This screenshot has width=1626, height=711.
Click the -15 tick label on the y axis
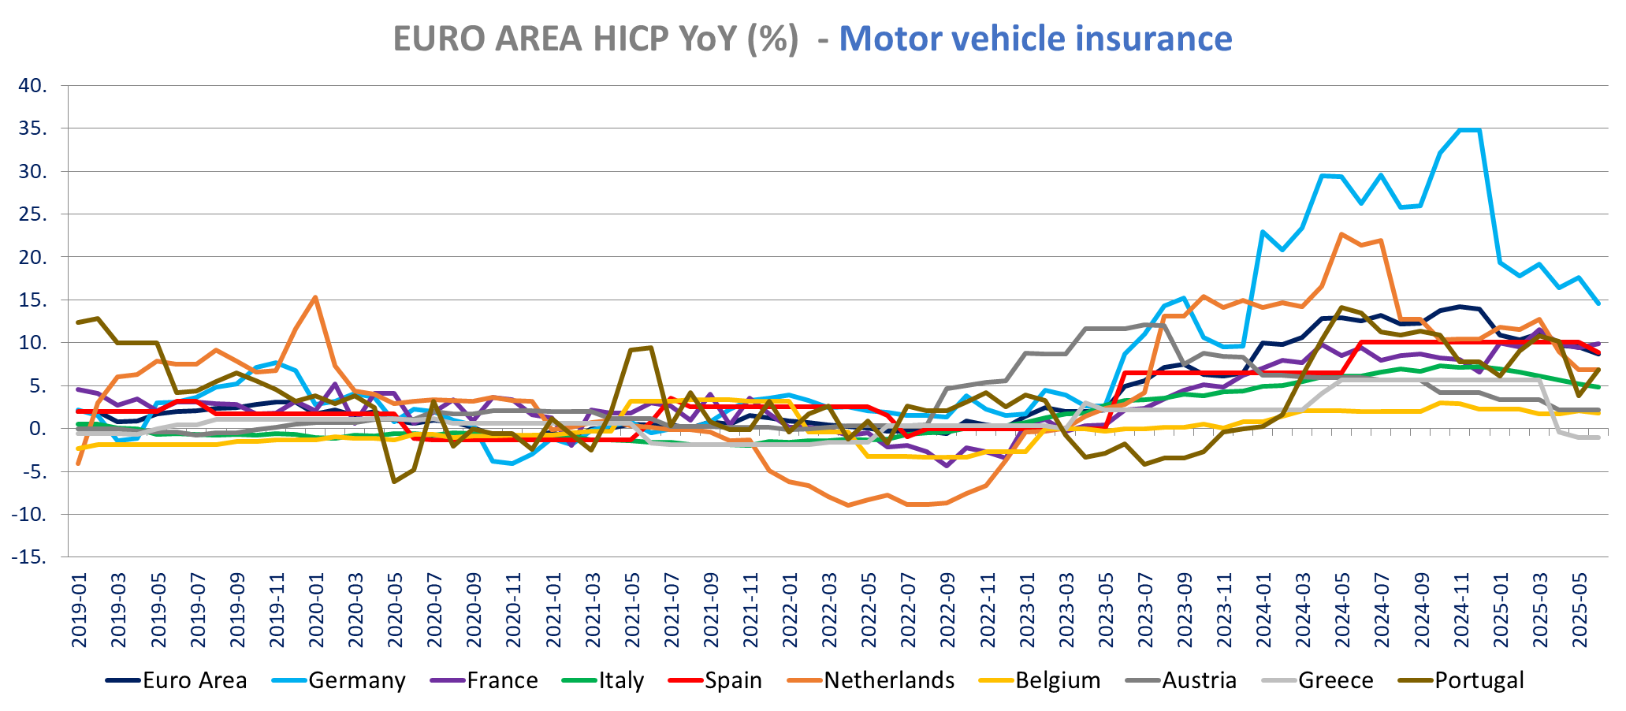[x=29, y=557]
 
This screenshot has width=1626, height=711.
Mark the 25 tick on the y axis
[x=32, y=214]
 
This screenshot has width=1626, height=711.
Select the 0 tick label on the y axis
[x=37, y=429]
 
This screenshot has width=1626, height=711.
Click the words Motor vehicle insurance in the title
[x=1035, y=39]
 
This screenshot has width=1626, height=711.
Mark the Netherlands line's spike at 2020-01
[x=315, y=298]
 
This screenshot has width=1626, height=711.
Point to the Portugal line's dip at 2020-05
[x=395, y=482]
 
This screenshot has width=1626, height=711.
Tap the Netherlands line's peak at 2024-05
[x=1341, y=234]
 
